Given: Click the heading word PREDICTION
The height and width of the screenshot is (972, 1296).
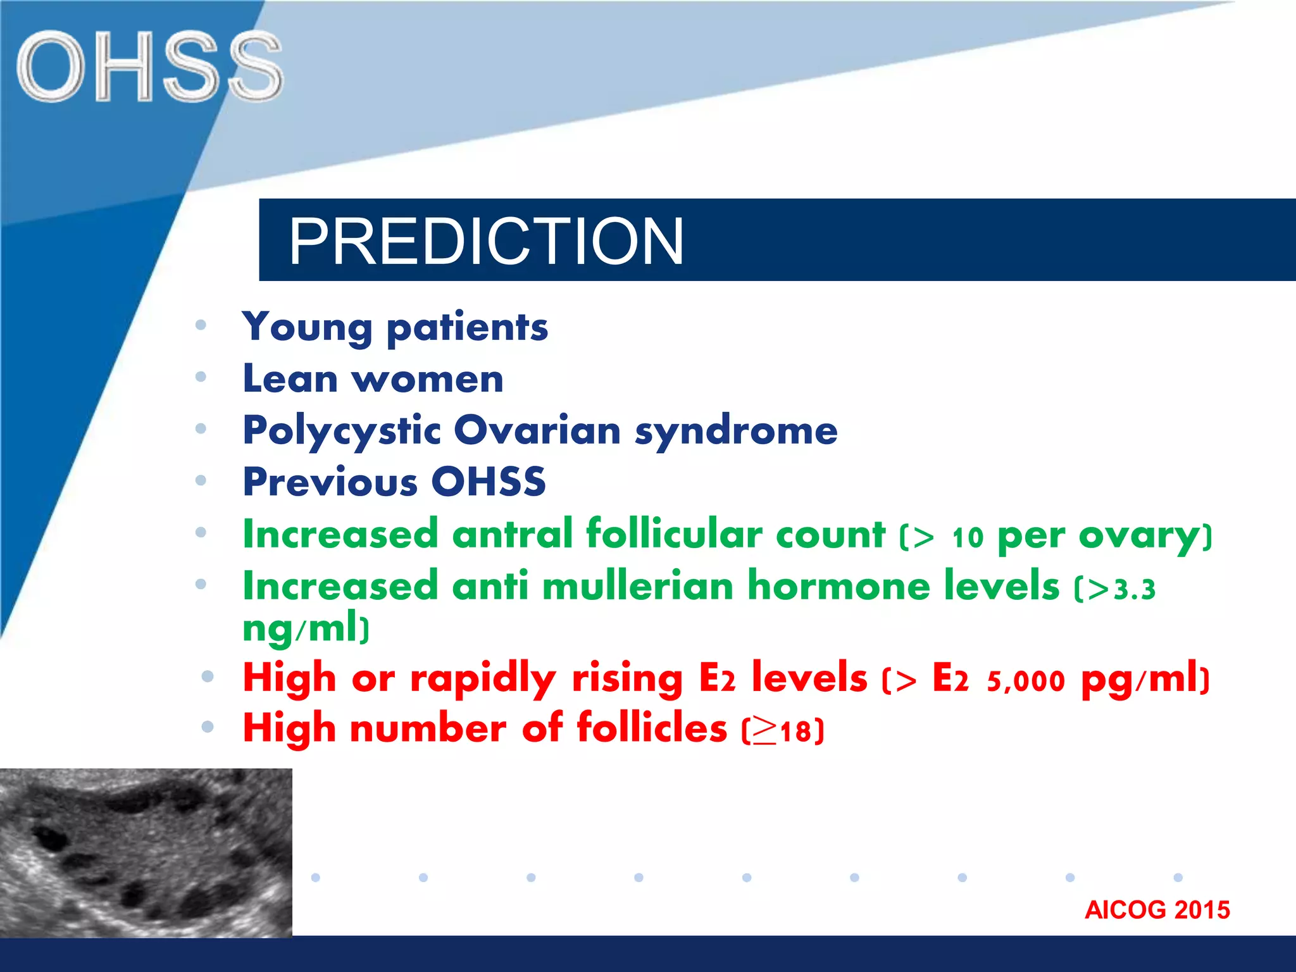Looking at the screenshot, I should (x=486, y=241).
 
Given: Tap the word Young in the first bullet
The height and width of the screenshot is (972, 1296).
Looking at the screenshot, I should (x=307, y=328).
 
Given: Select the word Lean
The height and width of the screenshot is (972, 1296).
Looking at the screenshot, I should (x=290, y=379).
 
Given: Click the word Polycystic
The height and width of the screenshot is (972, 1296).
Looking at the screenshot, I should (x=342, y=432).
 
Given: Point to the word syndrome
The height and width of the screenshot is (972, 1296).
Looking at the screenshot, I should (x=736, y=432).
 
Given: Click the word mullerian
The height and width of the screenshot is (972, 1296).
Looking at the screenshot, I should (x=637, y=586).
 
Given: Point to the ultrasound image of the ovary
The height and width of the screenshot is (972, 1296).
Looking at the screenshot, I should (x=146, y=852).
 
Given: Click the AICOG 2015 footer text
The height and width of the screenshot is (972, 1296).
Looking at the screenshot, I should (x=1157, y=910).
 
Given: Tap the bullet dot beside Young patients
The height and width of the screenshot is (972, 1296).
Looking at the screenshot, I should (x=201, y=325).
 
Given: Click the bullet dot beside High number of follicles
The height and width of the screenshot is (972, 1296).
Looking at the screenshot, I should (x=207, y=727).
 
